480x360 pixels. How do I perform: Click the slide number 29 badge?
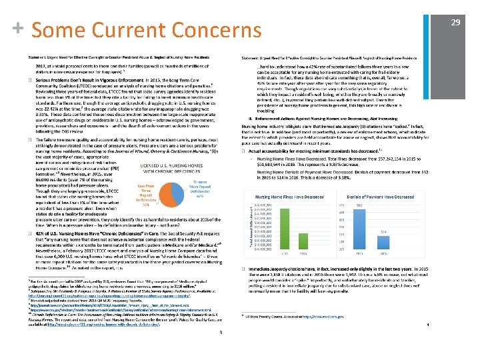point(456,24)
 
